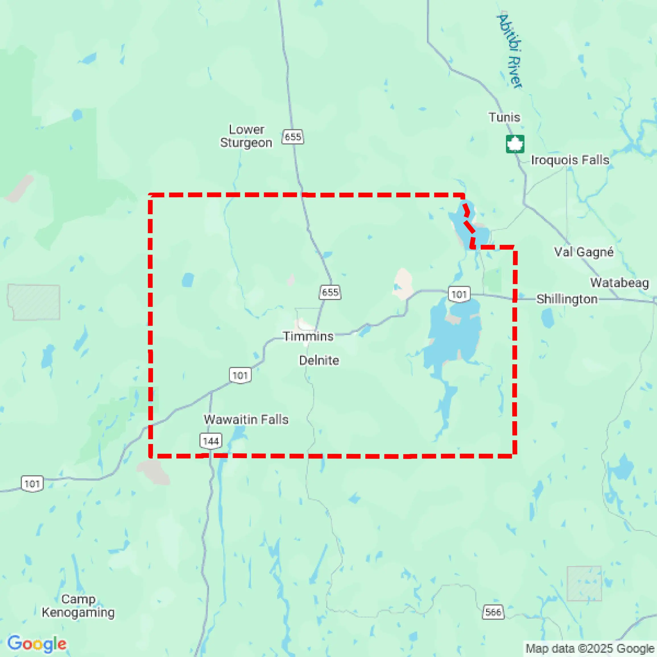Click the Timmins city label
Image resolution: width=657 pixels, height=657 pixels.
pos(308,336)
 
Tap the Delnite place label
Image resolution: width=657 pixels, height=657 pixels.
pos(319,360)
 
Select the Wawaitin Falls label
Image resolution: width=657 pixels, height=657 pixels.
pos(246,419)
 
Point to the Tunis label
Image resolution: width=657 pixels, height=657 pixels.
pos(504,117)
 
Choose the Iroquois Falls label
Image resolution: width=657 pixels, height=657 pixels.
pos(570,160)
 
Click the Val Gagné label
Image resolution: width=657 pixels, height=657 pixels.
pos(584,252)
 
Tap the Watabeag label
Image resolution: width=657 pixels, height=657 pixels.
pos(619,283)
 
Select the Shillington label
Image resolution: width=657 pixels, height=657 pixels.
pos(567,299)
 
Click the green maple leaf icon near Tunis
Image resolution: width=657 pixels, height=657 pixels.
pos(515,144)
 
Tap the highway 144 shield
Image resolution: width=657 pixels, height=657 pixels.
pos(211,441)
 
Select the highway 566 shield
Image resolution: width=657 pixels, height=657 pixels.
pos(493,612)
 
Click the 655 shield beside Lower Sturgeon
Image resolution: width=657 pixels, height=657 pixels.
pos(293,137)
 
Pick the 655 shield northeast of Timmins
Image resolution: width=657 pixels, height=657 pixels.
pos(330,292)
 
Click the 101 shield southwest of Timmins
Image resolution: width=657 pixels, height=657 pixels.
pos(240,375)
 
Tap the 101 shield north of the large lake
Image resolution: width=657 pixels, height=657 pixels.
pos(459,294)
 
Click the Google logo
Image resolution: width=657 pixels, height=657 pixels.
pos(37,643)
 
